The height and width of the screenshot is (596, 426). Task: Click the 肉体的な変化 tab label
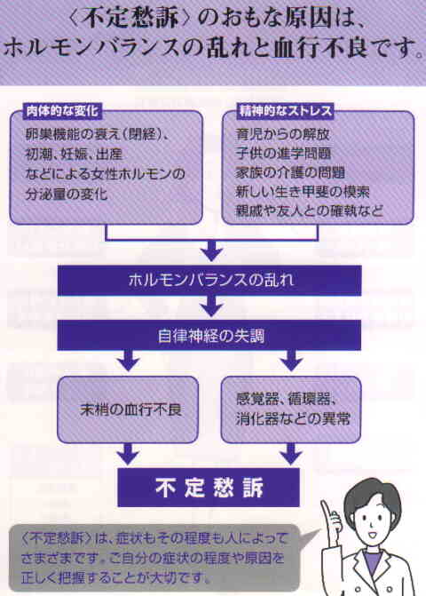click(x=62, y=111)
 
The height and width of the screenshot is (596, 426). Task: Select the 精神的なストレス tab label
click(x=286, y=111)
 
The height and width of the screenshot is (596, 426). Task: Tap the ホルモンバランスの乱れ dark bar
click(x=209, y=280)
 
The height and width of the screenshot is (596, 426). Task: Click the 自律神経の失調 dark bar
click(x=209, y=335)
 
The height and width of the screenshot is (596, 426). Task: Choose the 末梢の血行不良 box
click(x=128, y=409)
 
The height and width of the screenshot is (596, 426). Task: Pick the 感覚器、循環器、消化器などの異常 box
click(x=291, y=409)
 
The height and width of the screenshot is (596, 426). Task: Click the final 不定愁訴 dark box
click(x=209, y=488)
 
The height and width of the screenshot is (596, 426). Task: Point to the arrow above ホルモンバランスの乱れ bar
click(x=211, y=250)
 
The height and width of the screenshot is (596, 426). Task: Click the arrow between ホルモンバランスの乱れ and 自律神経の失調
click(x=211, y=306)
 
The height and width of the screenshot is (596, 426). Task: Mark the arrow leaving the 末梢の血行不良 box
click(x=129, y=454)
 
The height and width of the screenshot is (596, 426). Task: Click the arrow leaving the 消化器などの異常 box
click(x=291, y=454)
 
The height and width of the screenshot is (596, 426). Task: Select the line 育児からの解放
click(x=282, y=134)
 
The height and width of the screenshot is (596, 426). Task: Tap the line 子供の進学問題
click(x=283, y=153)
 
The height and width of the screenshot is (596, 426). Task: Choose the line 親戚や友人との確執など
click(x=309, y=211)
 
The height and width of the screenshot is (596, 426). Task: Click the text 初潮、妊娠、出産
click(x=74, y=154)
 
